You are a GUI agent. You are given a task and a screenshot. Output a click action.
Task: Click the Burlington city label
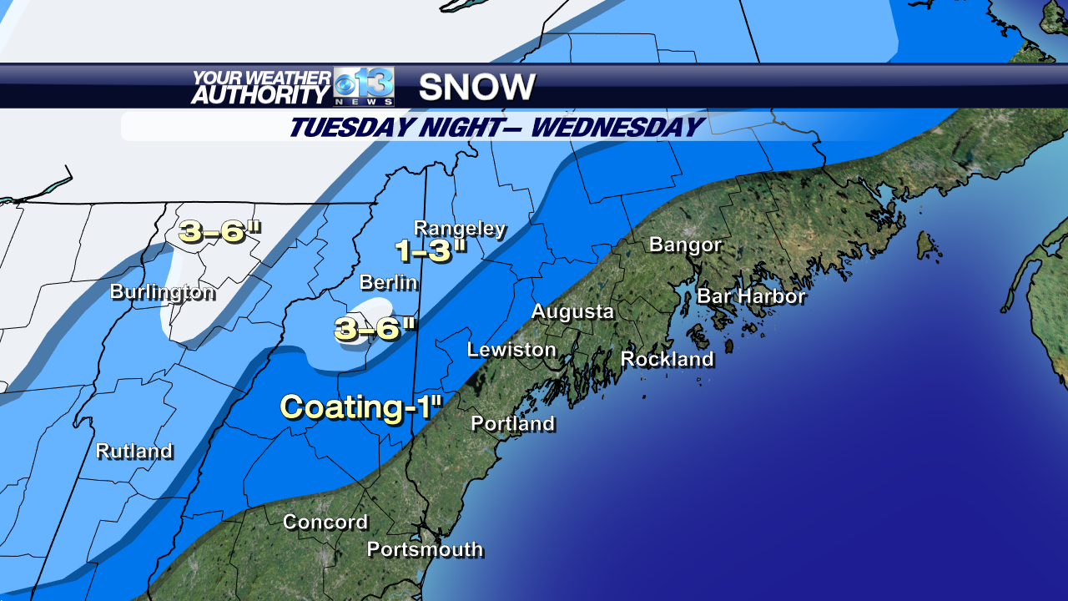pos(163,292)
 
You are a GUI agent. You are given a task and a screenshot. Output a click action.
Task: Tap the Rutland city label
pos(134,452)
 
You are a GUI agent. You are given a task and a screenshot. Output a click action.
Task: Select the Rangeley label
pos(460,229)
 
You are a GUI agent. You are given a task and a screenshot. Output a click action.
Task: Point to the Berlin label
pos(388,283)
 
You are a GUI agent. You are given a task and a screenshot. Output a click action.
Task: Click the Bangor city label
pos(685,245)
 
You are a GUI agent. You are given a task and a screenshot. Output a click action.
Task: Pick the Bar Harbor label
pos(751,296)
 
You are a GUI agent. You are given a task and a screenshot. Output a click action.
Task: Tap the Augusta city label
pos(572,312)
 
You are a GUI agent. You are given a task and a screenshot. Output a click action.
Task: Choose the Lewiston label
pos(511,350)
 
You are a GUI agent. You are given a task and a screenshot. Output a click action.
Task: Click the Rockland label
pos(667,359)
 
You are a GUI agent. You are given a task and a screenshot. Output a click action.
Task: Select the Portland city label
pos(513,424)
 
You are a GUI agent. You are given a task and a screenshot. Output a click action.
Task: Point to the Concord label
pos(325,523)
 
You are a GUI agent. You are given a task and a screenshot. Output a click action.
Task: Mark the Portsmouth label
pos(426,549)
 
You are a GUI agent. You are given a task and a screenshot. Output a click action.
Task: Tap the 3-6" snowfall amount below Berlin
pos(375,329)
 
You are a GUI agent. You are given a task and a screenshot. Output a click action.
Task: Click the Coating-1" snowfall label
pos(360,407)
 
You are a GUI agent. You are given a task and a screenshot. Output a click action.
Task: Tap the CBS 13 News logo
pos(364,87)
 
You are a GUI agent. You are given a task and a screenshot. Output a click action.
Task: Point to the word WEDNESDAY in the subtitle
pos(617,128)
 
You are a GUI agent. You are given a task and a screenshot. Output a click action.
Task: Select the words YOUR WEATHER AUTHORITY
pos(260,87)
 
